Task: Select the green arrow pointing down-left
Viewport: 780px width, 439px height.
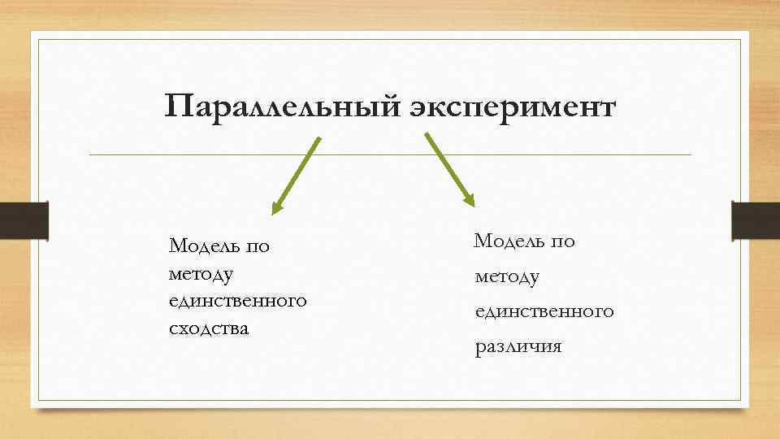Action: pos(296,175)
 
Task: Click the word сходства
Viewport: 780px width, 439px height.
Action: pos(208,329)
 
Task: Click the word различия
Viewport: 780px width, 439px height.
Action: pos(518,347)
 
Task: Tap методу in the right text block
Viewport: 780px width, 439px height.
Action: pos(507,277)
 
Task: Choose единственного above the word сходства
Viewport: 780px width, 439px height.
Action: pos(238,301)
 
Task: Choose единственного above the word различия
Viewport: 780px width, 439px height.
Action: pos(544,311)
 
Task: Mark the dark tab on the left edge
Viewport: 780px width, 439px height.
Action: pos(24,221)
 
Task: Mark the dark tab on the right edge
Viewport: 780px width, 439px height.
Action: pos(756,221)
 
